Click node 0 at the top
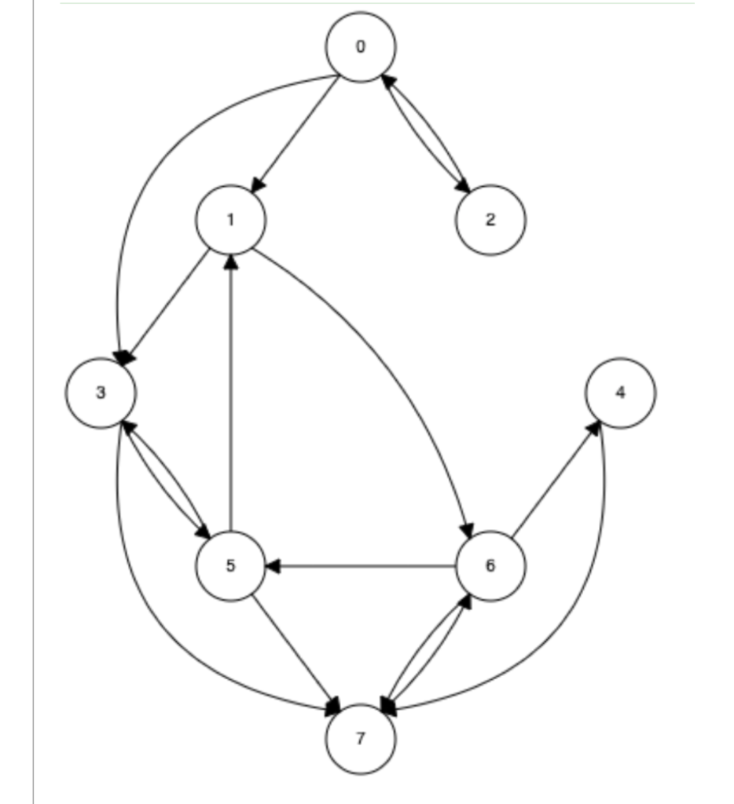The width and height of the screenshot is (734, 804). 361,46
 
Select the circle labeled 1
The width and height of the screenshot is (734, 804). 230,220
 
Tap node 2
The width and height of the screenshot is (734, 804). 490,220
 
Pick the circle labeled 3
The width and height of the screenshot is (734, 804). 101,393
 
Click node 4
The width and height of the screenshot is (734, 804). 620,393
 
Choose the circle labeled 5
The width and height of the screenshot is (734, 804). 230,565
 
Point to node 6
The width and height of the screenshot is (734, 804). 490,565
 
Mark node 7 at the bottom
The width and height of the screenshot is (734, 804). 361,739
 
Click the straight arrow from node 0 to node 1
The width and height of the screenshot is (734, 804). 295,134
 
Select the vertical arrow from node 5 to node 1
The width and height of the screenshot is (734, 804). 230,393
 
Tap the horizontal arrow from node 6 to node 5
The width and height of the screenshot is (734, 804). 361,566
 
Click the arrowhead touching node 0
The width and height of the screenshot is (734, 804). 388,81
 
